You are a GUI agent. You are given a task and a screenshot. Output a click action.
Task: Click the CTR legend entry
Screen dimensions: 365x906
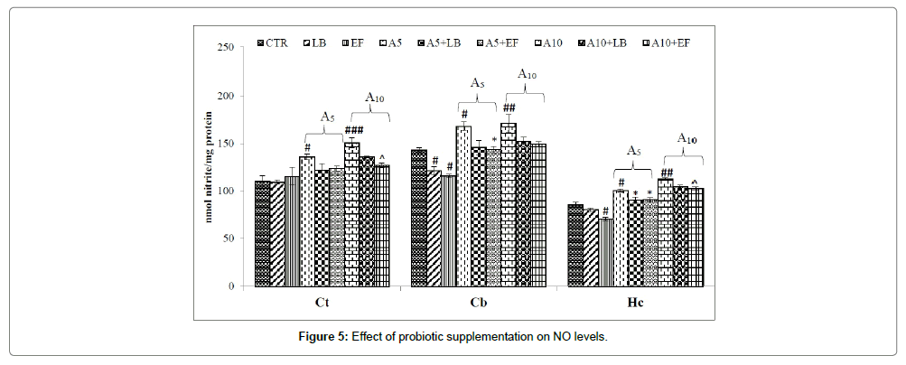tap(275, 42)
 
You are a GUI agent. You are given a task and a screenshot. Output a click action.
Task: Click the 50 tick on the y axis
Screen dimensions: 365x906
tap(238, 239)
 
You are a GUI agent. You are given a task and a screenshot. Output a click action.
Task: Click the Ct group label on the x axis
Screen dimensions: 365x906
tap(321, 301)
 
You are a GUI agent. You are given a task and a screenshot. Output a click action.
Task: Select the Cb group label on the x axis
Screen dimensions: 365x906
tap(479, 301)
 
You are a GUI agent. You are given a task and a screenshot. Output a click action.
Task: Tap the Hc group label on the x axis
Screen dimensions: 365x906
tap(635, 301)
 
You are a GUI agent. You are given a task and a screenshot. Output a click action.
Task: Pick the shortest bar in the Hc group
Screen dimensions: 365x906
tap(605, 252)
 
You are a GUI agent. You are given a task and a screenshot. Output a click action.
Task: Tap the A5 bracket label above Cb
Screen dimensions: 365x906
tap(479, 83)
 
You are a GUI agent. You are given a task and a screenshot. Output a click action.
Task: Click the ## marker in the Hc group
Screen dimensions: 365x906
tap(667, 173)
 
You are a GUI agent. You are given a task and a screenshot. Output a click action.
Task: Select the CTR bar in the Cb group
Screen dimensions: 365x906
tap(419, 218)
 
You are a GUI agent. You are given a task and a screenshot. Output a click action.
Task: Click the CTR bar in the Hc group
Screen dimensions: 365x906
tap(575, 245)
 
